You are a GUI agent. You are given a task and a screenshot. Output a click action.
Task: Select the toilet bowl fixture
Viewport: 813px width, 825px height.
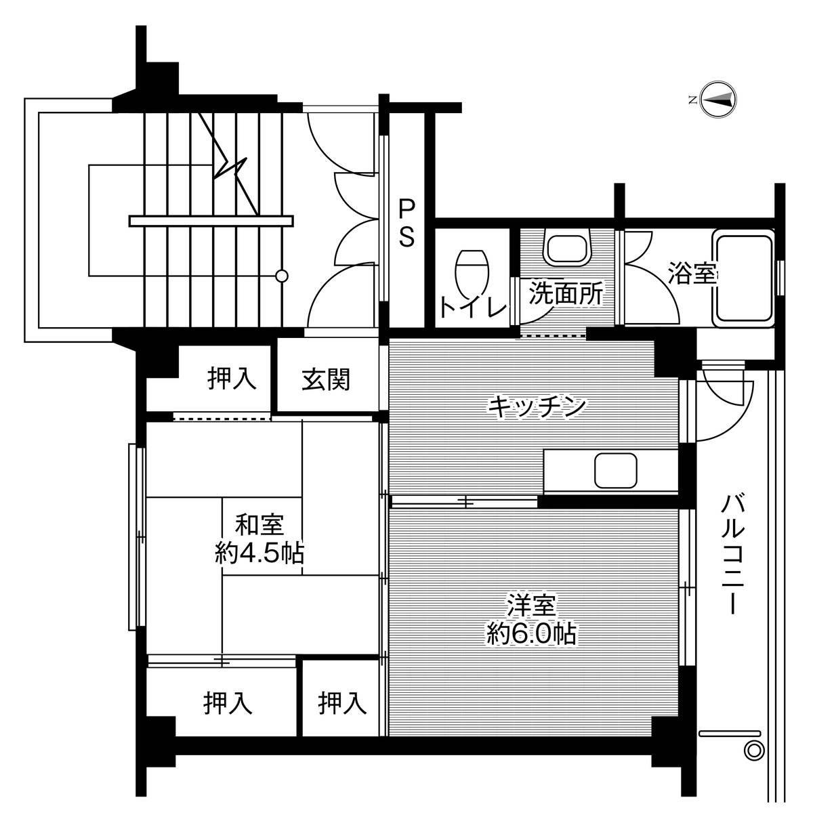[472, 270]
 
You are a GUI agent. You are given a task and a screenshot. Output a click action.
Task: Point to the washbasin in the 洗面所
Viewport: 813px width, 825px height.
[568, 249]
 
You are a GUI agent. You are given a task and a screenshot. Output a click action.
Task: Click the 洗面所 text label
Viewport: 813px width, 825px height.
[566, 293]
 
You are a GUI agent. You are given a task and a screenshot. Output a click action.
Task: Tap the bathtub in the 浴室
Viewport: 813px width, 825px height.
[743, 276]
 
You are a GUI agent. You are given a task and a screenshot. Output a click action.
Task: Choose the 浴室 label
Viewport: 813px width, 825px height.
[691, 274]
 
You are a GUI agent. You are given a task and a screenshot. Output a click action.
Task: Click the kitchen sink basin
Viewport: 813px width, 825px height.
[616, 471]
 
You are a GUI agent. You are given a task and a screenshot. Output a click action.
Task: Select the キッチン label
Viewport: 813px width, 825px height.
[536, 406]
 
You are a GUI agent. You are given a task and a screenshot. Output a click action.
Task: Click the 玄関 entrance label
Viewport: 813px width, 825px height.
[326, 379]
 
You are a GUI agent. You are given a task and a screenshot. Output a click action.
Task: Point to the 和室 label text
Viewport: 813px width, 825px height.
[259, 525]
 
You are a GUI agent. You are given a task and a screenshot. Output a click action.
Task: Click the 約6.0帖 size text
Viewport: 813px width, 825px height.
[531, 633]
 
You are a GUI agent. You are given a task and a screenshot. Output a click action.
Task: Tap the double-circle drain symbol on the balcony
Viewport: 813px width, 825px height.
[752, 750]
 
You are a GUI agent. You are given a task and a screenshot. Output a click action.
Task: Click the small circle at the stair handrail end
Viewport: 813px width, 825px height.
[282, 275]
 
